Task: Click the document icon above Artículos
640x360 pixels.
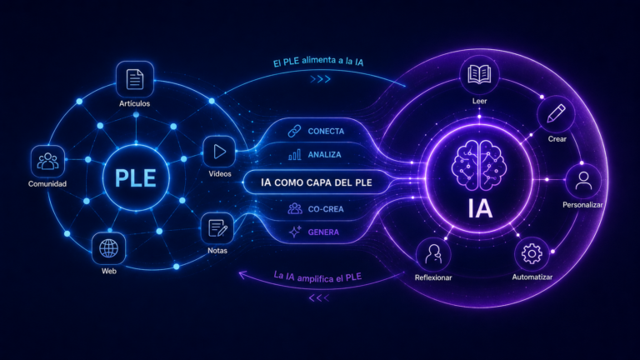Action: (135, 79)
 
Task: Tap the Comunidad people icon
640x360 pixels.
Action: (47, 161)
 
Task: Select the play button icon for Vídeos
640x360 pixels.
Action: (220, 152)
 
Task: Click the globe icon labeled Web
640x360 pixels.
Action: (108, 248)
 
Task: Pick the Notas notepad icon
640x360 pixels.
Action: (217, 228)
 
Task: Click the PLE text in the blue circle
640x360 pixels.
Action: (136, 178)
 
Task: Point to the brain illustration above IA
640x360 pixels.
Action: (479, 165)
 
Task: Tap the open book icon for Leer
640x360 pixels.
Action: (479, 75)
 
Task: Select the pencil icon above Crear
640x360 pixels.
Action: (556, 113)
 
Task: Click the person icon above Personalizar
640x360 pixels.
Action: (583, 181)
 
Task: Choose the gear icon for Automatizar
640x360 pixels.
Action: (532, 254)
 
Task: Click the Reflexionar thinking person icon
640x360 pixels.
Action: (433, 254)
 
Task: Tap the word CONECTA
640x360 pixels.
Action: (326, 132)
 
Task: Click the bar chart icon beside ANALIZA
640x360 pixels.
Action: (295, 154)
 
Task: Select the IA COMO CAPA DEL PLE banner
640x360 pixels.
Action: (317, 182)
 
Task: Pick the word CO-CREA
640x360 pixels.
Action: (326, 209)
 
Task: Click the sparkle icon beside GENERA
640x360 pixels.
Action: (295, 232)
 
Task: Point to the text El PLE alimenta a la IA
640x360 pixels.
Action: (318, 61)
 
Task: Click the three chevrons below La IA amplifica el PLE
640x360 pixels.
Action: (319, 298)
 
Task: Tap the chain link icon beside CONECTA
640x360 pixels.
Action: (294, 131)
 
